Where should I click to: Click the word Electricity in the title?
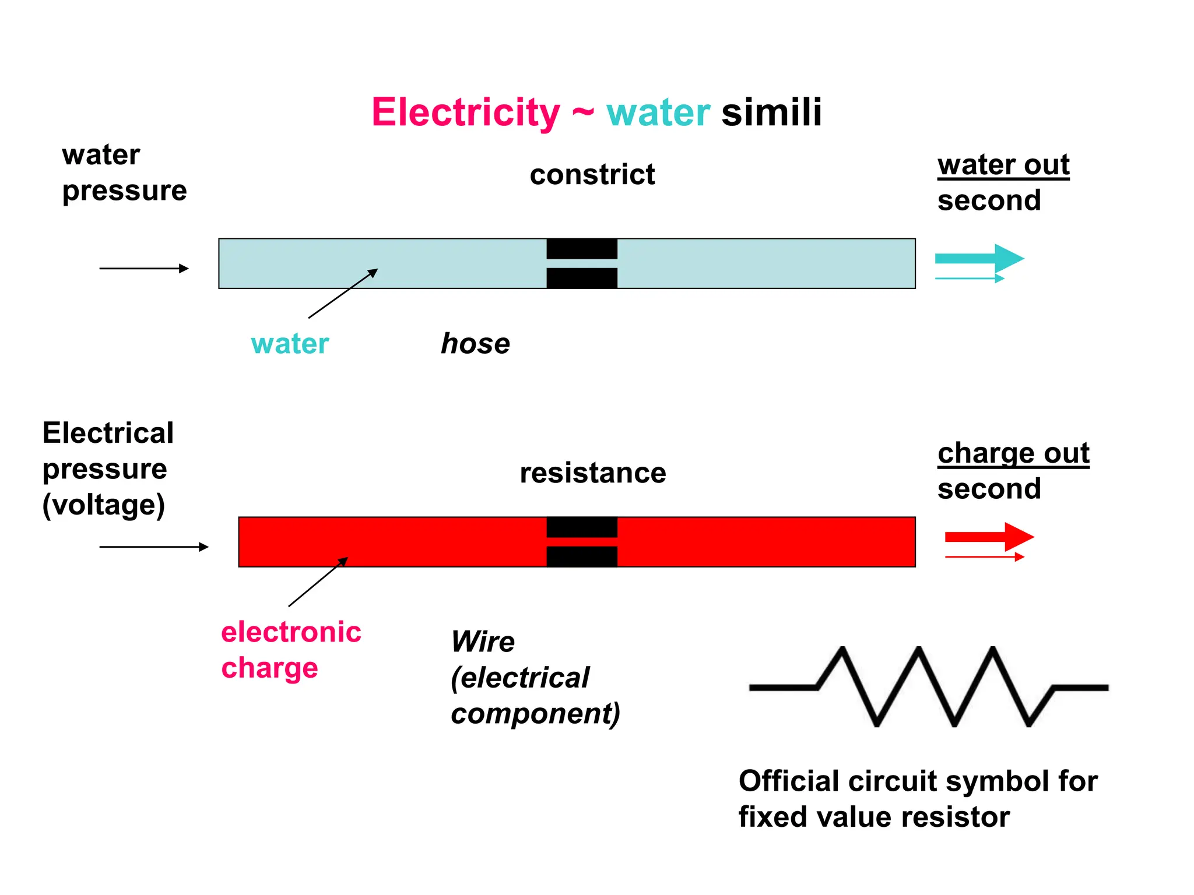(465, 112)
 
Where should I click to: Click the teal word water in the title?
(658, 113)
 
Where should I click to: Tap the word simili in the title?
(771, 112)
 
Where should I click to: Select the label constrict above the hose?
(592, 175)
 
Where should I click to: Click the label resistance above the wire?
(592, 473)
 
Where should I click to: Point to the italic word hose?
(475, 343)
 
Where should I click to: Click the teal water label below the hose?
(290, 344)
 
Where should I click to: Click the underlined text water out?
(1003, 165)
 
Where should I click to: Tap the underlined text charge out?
(1013, 453)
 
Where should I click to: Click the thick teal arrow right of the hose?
(979, 258)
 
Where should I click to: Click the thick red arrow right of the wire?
(989, 537)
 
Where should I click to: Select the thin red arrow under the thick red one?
(984, 557)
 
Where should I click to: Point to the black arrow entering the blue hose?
(143, 268)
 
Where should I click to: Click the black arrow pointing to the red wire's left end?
(153, 547)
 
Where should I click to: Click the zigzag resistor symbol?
(928, 686)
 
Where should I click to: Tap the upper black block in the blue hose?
(581, 249)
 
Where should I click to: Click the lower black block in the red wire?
(581, 556)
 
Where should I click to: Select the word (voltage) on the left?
(104, 505)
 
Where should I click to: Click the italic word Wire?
(483, 642)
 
